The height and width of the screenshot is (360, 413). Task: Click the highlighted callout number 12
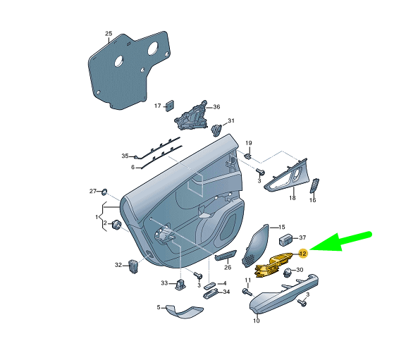[303, 254]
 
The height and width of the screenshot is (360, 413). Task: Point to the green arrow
[340, 242]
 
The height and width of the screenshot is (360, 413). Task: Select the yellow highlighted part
[273, 265]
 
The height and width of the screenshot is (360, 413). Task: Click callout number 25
[109, 33]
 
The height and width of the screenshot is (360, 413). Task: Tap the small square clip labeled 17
[170, 106]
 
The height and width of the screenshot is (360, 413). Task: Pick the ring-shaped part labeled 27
[104, 192]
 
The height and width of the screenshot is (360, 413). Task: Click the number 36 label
[216, 106]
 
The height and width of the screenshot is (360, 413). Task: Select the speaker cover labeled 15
[255, 245]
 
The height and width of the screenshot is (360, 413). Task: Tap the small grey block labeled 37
[285, 239]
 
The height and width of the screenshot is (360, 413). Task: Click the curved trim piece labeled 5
[183, 311]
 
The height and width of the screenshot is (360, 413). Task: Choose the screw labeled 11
[247, 292]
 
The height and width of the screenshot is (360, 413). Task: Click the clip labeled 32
[133, 266]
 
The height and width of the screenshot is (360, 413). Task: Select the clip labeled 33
[180, 284]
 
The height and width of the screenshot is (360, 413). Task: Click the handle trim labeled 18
[287, 175]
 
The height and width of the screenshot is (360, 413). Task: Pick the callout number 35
[125, 156]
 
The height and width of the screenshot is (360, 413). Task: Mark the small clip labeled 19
[247, 156]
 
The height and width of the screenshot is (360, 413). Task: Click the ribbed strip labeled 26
[226, 255]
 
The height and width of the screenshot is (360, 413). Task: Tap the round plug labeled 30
[288, 273]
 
